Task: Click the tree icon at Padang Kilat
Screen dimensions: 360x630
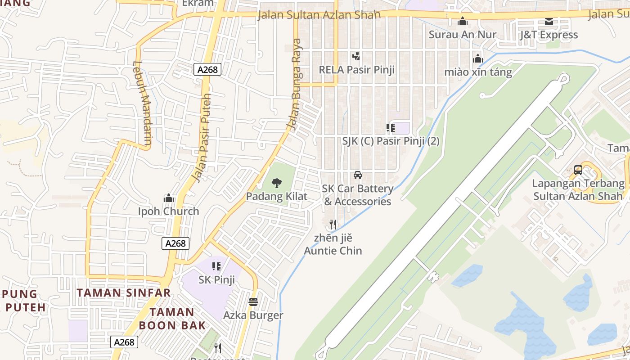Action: click(x=277, y=183)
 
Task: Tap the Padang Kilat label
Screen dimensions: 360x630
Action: click(x=277, y=197)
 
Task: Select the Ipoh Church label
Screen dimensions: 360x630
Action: click(x=168, y=211)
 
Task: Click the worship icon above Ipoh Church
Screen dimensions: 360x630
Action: click(x=168, y=198)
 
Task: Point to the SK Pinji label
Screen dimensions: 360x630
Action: click(x=217, y=280)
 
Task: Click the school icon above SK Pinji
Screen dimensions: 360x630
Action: click(x=216, y=266)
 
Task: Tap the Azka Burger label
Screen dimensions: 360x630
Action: click(x=253, y=315)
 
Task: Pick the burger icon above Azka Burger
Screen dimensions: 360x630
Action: click(x=253, y=302)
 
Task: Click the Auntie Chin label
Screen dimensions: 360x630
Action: click(x=333, y=251)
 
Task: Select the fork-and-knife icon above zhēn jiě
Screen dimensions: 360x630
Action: click(x=333, y=224)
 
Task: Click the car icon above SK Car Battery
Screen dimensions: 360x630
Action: click(x=358, y=175)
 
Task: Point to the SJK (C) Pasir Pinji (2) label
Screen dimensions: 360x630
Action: click(x=391, y=141)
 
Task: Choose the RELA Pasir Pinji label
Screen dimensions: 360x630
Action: click(x=356, y=70)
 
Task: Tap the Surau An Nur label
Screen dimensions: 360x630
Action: click(x=463, y=35)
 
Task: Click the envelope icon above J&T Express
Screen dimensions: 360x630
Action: click(x=549, y=21)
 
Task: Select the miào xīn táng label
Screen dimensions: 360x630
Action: click(x=478, y=72)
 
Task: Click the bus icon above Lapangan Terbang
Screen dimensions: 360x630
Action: click(x=578, y=170)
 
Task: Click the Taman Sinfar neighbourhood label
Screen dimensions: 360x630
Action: click(x=124, y=293)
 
